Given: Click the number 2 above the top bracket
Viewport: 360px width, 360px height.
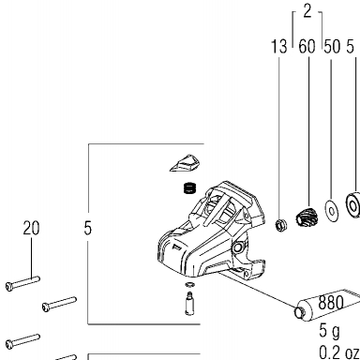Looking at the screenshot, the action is [307, 11].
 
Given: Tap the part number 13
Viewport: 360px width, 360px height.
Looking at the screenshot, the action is [278, 47].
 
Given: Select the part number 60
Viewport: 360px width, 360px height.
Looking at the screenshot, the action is [307, 47].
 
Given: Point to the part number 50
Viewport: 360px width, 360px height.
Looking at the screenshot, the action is [332, 47].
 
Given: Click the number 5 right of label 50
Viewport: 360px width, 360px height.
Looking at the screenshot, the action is [350, 47].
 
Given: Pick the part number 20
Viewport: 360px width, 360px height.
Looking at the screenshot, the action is [31, 228].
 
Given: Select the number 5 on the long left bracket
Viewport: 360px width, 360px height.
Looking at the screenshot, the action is [88, 228].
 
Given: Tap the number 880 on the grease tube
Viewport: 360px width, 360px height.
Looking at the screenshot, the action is [331, 302].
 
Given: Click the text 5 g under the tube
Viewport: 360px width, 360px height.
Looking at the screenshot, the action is [329, 331].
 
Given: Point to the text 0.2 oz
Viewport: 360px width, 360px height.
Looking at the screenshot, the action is [339, 352].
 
